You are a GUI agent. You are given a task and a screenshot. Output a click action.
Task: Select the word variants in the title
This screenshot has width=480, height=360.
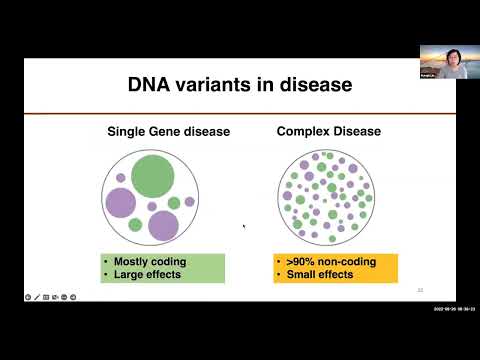221,85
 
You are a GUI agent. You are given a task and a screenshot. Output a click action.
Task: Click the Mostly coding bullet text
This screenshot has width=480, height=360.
146,262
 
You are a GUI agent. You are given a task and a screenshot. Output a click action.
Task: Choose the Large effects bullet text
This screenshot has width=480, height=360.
146,274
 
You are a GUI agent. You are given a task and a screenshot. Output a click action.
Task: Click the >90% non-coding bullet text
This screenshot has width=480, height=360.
330,262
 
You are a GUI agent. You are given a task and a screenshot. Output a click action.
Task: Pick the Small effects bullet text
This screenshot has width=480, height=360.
322,274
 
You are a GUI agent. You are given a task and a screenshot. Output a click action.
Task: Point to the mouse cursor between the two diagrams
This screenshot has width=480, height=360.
244,226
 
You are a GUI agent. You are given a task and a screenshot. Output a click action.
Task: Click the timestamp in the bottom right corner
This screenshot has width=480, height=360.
455,307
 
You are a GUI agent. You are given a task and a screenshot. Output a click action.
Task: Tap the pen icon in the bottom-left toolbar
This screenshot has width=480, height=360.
37,297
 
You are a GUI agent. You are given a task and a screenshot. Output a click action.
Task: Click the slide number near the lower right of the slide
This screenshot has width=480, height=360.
420,290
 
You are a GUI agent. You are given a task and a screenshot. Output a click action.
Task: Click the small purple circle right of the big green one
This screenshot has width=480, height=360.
190,201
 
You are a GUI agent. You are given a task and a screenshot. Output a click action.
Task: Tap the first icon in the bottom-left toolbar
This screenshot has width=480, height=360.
28,297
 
